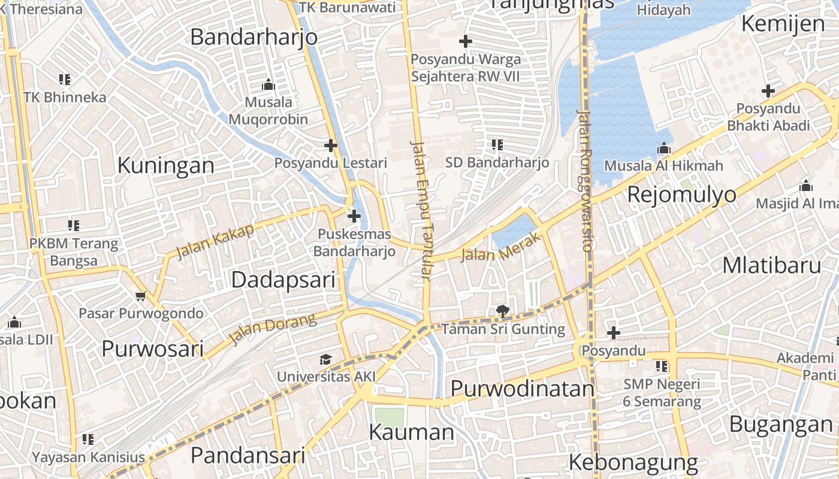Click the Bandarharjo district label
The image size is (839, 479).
click(x=253, y=37)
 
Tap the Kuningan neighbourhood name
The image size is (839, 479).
click(x=165, y=165)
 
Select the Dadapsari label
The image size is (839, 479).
click(x=283, y=280)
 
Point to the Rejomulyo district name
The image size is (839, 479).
click(x=681, y=195)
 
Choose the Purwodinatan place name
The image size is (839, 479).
click(x=522, y=389)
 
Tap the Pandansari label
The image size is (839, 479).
click(x=248, y=456)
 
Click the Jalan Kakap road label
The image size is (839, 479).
click(x=215, y=241)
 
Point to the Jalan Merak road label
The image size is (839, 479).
click(x=501, y=248)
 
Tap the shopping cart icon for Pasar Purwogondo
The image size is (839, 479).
click(x=141, y=296)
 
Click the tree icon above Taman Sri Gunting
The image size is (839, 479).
click(x=502, y=311)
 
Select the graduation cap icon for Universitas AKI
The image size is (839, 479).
click(x=325, y=359)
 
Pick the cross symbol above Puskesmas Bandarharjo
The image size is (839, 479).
click(x=354, y=216)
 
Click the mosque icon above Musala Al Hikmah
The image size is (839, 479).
click(x=663, y=148)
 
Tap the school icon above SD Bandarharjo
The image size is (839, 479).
click(x=497, y=144)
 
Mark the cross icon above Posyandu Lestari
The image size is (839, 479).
click(x=330, y=145)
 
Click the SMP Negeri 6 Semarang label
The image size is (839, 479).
click(x=662, y=393)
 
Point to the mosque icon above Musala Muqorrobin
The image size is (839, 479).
click(x=268, y=84)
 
